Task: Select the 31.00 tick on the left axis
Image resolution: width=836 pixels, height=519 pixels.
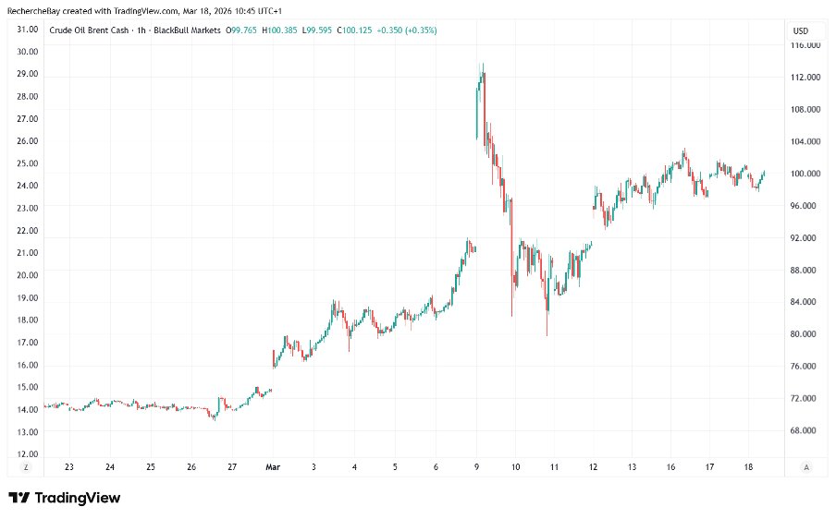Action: (27, 30)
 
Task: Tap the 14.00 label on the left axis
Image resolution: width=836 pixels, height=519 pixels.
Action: (27, 409)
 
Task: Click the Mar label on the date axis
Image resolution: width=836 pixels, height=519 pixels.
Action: (273, 467)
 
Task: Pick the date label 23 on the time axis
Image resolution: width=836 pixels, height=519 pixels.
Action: (69, 467)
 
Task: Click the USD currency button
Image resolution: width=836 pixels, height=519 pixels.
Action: (800, 30)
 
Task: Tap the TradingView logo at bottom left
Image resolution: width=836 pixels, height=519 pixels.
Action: (65, 498)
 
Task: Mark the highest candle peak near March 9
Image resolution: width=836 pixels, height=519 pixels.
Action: (482, 65)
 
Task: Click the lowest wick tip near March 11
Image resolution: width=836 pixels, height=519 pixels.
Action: (547, 335)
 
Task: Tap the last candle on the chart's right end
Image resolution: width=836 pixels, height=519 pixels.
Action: (765, 172)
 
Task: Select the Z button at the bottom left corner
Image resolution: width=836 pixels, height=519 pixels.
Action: (26, 467)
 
